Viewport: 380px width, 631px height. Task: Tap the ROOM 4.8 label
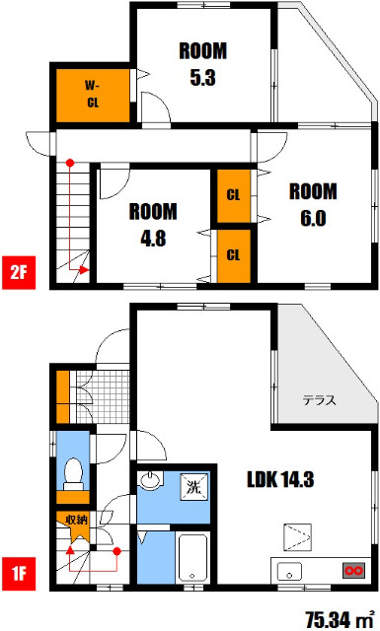pyautogui.click(x=153, y=223)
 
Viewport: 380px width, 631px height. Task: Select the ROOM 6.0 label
pyautogui.click(x=314, y=203)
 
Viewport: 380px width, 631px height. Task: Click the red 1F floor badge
pyautogui.click(x=18, y=573)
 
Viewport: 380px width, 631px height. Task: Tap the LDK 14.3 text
pyautogui.click(x=281, y=481)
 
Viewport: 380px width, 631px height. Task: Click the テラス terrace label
pyautogui.click(x=320, y=400)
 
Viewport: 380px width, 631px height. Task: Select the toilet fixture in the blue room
pyautogui.click(x=71, y=475)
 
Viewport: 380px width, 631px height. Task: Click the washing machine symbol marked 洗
pyautogui.click(x=193, y=486)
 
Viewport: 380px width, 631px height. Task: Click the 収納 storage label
pyautogui.click(x=76, y=520)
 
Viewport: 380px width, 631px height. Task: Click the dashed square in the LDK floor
pyautogui.click(x=297, y=537)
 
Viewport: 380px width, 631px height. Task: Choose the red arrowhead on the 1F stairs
pyautogui.click(x=70, y=550)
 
